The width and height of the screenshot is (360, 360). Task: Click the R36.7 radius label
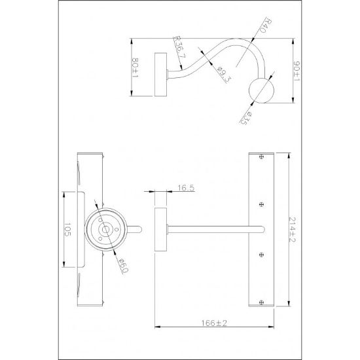tap(180, 47)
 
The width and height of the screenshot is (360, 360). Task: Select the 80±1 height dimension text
tap(135, 67)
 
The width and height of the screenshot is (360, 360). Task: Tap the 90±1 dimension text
tap(297, 71)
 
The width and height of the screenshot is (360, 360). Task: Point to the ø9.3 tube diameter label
tap(223, 74)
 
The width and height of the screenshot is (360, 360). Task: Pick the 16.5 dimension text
tap(186, 188)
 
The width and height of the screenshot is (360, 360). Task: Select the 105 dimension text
tap(67, 229)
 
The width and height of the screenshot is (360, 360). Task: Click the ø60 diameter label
tap(123, 266)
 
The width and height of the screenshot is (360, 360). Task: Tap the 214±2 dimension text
tap(291, 231)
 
